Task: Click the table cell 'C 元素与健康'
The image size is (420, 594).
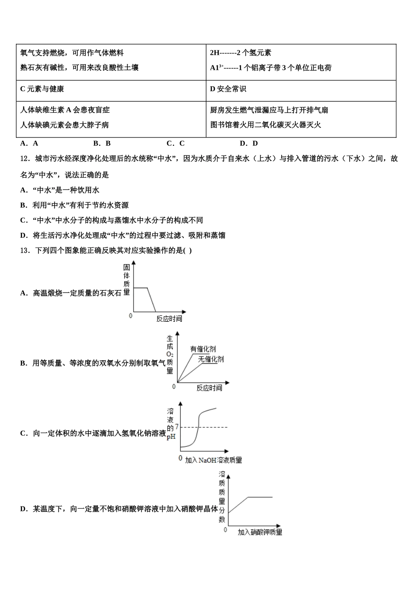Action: click(x=42, y=89)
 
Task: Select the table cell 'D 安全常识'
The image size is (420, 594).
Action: click(x=228, y=89)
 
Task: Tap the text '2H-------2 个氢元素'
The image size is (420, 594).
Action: click(x=241, y=53)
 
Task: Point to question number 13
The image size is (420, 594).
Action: click(x=25, y=251)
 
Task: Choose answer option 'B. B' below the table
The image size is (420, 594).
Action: click(x=102, y=143)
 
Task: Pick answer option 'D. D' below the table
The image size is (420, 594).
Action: click(x=249, y=143)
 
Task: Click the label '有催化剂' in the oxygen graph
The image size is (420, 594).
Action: click(x=203, y=349)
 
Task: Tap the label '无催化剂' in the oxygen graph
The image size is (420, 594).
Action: click(x=211, y=359)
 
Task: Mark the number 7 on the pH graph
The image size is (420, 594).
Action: click(x=177, y=426)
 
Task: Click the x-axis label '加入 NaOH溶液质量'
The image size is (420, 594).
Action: click(x=214, y=460)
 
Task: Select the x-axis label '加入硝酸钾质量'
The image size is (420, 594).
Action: click(x=260, y=532)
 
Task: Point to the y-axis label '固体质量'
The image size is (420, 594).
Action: click(x=127, y=279)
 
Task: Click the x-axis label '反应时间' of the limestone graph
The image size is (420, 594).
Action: click(x=169, y=319)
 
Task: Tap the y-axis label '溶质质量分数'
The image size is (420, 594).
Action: click(x=222, y=497)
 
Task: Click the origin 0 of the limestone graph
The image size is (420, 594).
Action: click(x=130, y=316)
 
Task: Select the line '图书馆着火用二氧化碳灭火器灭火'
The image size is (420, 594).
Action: click(x=266, y=125)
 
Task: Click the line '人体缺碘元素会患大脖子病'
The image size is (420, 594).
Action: click(x=65, y=125)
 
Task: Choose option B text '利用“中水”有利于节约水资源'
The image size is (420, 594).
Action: click(x=80, y=205)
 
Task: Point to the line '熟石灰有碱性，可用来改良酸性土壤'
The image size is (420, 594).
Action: click(x=80, y=68)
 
